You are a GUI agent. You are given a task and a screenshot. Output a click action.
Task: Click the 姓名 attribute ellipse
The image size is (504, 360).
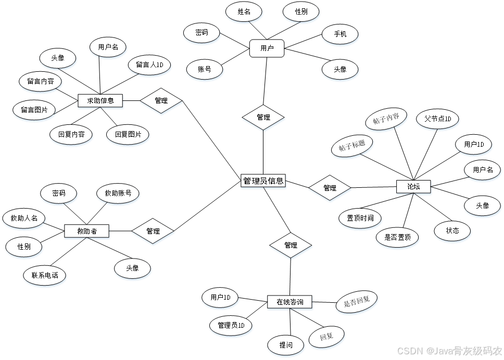click(244, 11)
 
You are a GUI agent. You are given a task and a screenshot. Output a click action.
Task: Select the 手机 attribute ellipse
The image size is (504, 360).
click(340, 34)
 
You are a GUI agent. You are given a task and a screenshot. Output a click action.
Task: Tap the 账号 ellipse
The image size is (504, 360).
click(204, 69)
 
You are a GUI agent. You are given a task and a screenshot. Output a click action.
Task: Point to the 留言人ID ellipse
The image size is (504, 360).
click(149, 65)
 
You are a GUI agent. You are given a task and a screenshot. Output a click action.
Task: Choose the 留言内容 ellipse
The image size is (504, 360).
click(40, 81)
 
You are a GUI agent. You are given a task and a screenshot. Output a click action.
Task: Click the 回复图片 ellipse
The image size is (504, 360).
click(128, 134)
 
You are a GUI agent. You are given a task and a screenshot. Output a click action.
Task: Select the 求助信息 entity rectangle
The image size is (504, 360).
click(100, 100)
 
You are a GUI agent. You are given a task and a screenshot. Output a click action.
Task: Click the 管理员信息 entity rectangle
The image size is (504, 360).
click(263, 181)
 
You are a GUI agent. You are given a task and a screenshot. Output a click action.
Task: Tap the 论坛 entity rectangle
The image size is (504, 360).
click(413, 187)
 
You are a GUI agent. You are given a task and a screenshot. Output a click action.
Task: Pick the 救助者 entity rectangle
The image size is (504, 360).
click(87, 231)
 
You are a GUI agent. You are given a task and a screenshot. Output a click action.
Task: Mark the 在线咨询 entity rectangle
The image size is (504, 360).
click(290, 302)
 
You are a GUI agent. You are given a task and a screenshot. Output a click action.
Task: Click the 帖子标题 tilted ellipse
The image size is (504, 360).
click(352, 146)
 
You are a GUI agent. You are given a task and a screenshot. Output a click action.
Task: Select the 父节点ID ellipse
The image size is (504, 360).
click(437, 119)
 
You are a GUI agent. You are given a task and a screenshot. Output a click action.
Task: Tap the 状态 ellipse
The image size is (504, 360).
click(452, 230)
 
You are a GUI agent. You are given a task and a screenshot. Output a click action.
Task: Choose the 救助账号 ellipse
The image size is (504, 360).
click(118, 194)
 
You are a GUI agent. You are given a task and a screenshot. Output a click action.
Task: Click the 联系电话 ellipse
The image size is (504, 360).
click(45, 275)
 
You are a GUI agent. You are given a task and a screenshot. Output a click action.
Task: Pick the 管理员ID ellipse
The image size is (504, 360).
click(231, 326)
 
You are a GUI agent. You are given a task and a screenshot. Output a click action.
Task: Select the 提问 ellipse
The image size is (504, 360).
click(285, 345)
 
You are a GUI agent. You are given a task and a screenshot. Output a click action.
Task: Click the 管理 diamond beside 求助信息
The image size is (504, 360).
click(161, 101)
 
